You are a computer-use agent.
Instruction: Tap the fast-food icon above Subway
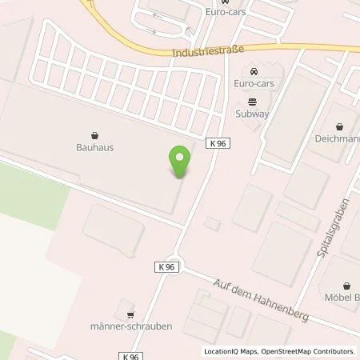point(253,101)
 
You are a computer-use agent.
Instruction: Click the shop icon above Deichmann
point(341,126)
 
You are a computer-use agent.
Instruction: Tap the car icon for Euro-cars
point(253,70)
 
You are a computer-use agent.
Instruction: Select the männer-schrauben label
point(131,326)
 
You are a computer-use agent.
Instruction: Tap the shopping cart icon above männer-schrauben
point(130,314)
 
